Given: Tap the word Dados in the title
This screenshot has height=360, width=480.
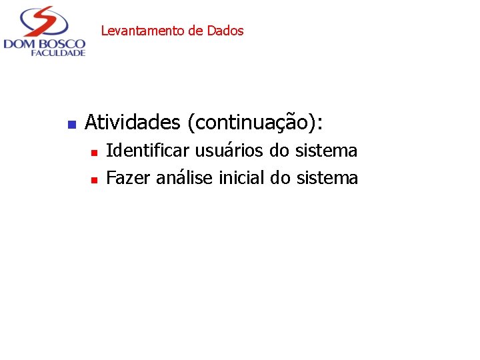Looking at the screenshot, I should [225, 31].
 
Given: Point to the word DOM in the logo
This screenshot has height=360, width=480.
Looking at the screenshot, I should [19, 44].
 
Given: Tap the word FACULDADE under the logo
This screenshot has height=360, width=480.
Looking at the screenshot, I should [58, 53].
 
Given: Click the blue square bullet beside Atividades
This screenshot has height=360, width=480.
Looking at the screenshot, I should [71, 124].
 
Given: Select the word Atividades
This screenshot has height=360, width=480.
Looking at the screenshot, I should [133, 123].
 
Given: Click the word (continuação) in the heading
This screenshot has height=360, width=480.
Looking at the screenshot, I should [255, 123].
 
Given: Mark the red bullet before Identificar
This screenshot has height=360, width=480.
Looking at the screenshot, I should [94, 153].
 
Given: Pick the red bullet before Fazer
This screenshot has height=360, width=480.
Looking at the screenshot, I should [94, 179].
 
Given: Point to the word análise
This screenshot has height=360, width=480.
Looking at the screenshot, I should [185, 178].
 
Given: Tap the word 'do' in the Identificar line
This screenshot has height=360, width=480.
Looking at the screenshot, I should [279, 151].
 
